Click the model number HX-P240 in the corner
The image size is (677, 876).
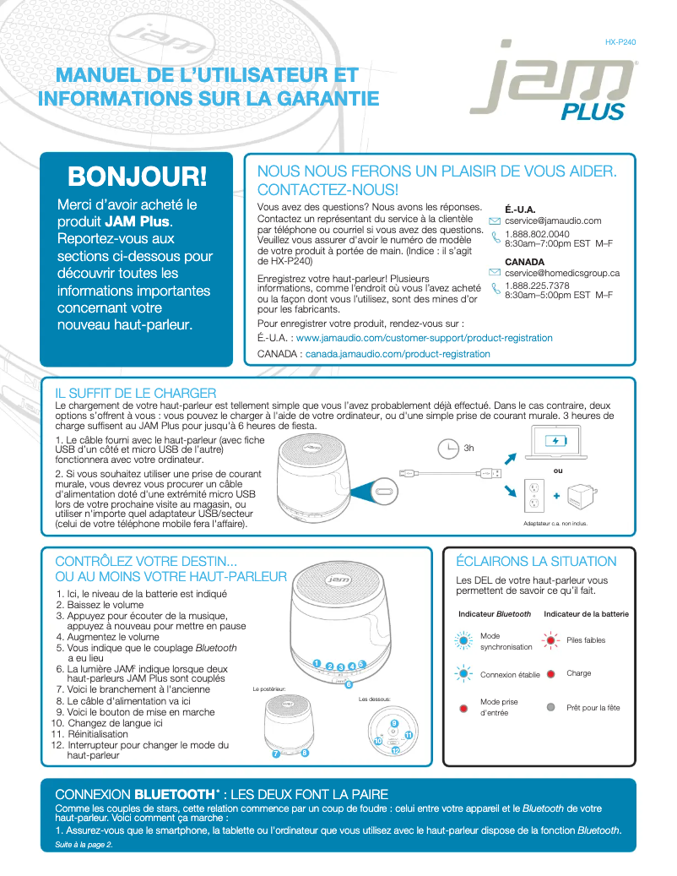pos(620,41)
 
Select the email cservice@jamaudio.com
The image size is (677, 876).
pos(552,221)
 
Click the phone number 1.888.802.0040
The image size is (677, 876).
pos(537,234)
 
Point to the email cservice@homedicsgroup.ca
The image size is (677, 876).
pos(562,273)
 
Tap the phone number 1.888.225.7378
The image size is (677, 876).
pos(537,286)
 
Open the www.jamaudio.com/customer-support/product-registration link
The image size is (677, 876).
pos(425,338)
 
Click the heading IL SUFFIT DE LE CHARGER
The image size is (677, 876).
pos(136,393)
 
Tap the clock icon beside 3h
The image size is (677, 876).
pos(448,448)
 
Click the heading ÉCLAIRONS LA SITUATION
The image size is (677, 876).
pos(536,561)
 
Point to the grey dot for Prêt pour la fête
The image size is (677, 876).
pos(550,707)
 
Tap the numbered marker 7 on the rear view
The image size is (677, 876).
pos(275,754)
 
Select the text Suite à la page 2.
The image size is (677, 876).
pos(84,846)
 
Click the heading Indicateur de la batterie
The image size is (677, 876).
pos(586,613)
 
